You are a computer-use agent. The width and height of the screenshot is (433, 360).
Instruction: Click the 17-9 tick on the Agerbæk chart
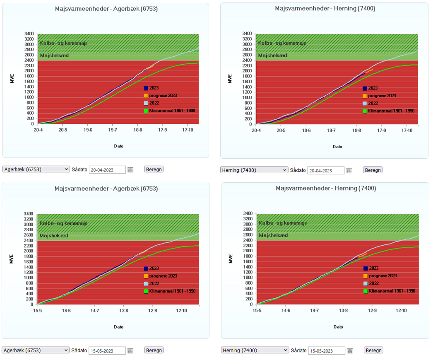point(163,130)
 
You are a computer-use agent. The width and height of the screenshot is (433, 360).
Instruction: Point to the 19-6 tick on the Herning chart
point(306,130)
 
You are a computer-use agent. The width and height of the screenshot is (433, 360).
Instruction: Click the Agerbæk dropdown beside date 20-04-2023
point(36,169)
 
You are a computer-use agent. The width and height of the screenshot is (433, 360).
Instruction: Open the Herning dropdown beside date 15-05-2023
point(255,350)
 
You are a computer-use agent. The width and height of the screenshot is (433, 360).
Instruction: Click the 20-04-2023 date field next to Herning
point(326,170)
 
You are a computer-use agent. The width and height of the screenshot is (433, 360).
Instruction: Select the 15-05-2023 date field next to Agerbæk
point(107,350)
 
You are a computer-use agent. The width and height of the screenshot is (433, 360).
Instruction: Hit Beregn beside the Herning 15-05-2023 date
point(373,350)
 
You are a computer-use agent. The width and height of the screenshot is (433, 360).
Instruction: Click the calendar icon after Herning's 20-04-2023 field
point(349,170)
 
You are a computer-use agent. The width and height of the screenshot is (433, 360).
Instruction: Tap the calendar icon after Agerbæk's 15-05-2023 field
point(130,350)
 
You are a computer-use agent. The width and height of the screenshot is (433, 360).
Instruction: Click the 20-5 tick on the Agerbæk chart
point(63,130)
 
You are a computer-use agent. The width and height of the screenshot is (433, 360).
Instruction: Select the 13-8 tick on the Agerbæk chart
point(124,310)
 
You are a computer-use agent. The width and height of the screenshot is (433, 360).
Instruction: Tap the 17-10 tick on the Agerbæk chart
point(188,130)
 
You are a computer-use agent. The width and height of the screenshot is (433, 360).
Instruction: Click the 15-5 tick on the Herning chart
point(257,310)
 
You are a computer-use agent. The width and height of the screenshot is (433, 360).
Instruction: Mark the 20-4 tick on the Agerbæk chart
point(38,130)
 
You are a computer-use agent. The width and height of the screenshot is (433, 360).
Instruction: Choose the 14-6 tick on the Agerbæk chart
point(66,310)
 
